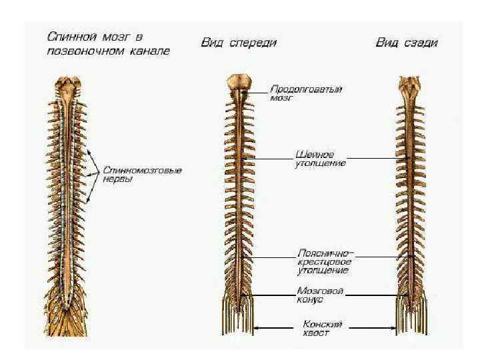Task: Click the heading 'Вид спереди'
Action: [x=239, y=42]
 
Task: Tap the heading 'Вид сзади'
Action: [x=407, y=43]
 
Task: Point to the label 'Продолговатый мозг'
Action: [x=305, y=92]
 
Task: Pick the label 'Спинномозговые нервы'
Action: [x=142, y=175]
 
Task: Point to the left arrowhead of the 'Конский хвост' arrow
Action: [x=257, y=327]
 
